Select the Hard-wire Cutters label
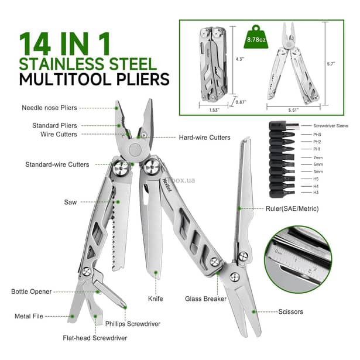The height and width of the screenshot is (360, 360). pos(203,138)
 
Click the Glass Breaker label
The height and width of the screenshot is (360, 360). pos(205,299)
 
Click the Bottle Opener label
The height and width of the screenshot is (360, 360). pos(31,291)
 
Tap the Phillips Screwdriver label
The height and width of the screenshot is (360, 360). pos(133,324)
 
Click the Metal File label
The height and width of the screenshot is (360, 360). pos(29,316)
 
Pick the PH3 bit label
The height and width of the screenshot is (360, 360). pos(318,134)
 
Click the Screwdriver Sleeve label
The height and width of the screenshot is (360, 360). pos(331,126)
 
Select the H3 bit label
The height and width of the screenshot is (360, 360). pos(317,193)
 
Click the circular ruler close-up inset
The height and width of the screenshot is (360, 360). pos(297,259)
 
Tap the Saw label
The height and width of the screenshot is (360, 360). pos(70,202)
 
